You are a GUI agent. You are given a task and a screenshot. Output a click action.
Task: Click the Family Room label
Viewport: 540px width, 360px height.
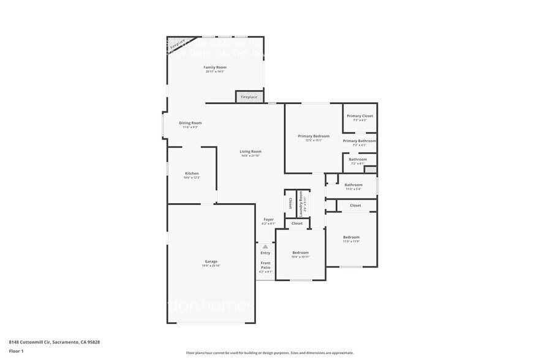pyautogui.click(x=215, y=67)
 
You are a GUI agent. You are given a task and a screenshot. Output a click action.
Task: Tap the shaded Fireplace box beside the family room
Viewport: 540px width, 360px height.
pyautogui.click(x=249, y=97)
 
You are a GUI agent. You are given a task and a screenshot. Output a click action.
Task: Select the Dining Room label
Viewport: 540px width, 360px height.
pyautogui.click(x=190, y=122)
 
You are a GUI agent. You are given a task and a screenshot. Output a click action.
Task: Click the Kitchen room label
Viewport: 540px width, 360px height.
pyautogui.click(x=192, y=173)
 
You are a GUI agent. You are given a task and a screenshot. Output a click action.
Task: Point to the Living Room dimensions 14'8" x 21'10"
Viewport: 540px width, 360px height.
pyautogui.click(x=250, y=156)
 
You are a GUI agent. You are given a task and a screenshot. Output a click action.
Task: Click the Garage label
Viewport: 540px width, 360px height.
pyautogui.click(x=211, y=261)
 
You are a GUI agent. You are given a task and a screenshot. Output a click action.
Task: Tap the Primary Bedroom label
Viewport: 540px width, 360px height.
pyautogui.click(x=313, y=136)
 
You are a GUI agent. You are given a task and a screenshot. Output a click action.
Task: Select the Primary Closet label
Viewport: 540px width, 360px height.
pyautogui.click(x=359, y=116)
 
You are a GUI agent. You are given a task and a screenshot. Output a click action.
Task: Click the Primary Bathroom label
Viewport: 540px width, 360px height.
pyautogui.click(x=359, y=141)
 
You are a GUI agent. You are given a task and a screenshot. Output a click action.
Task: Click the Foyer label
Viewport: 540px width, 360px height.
pyautogui.click(x=268, y=219)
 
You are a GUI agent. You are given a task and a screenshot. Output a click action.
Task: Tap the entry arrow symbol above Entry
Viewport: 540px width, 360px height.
pyautogui.click(x=265, y=247)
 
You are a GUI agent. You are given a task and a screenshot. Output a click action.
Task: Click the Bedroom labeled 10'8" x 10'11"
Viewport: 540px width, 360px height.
pyautogui.click(x=300, y=252)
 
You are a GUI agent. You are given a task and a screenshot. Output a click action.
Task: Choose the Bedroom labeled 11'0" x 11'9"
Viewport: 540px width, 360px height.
pyautogui.click(x=351, y=237)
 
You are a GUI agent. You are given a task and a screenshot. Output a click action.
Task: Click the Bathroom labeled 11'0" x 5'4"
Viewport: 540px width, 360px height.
pyautogui.click(x=353, y=184)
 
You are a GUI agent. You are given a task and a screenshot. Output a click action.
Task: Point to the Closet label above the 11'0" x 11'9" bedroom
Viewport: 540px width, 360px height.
pyautogui.click(x=355, y=206)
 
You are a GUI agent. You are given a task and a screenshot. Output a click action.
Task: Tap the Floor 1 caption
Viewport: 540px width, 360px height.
pyautogui.click(x=16, y=351)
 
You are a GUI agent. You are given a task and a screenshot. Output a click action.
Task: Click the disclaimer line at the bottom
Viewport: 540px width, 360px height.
pyautogui.click(x=269, y=353)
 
